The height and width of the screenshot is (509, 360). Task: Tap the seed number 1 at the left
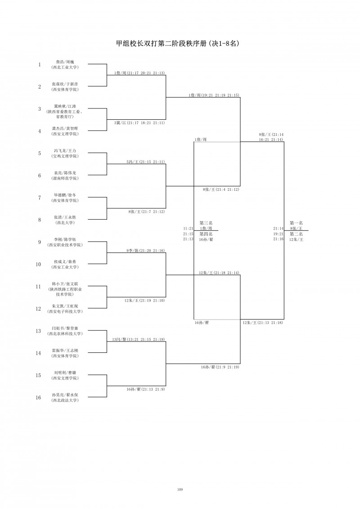click(x=39, y=64)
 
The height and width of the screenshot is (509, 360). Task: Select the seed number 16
click(x=39, y=397)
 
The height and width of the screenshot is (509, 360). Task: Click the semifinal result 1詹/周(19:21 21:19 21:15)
click(x=214, y=95)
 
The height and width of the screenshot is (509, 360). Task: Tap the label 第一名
click(x=296, y=222)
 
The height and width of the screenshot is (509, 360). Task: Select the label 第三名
click(x=206, y=222)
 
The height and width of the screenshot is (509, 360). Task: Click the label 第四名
click(x=206, y=234)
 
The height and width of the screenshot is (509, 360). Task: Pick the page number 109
click(x=180, y=489)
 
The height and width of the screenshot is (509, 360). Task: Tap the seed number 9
click(x=39, y=242)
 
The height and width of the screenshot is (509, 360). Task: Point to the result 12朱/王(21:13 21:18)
click(x=262, y=322)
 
